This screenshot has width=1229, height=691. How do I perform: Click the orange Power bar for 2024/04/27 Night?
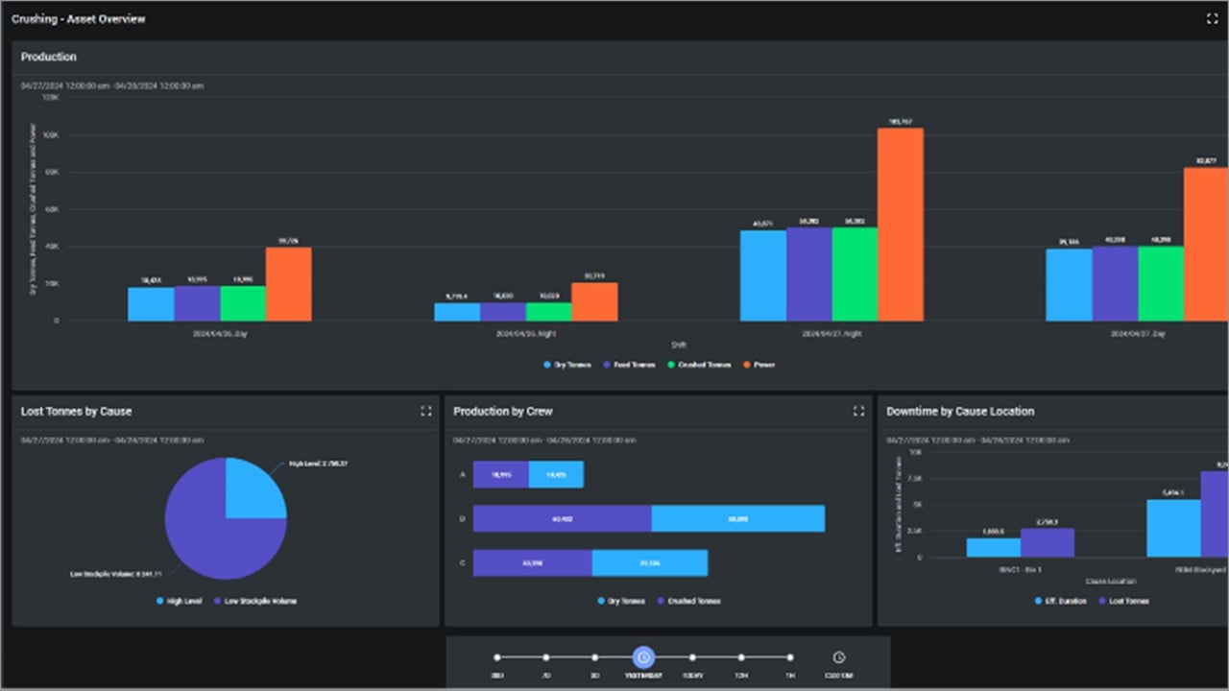click(900, 225)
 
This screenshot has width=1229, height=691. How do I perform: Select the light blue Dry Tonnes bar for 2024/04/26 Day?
click(151, 304)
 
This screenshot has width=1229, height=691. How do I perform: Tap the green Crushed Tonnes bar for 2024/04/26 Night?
click(548, 312)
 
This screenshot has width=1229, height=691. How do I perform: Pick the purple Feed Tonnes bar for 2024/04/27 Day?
click(1115, 284)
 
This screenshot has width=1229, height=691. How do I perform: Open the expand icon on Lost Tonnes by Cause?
click(426, 411)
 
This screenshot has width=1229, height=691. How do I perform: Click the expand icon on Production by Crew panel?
click(858, 411)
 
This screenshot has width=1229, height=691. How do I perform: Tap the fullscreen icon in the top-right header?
click(1212, 19)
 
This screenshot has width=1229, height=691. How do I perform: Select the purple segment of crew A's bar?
click(500, 474)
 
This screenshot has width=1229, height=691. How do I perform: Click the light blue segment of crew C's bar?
click(649, 562)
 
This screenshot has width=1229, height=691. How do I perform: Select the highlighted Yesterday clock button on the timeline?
click(643, 657)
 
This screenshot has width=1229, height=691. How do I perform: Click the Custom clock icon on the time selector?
click(838, 657)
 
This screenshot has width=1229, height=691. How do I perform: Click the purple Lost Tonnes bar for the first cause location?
click(1048, 542)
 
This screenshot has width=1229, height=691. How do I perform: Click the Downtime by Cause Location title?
click(960, 411)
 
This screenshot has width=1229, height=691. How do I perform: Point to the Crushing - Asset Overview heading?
click(79, 19)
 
